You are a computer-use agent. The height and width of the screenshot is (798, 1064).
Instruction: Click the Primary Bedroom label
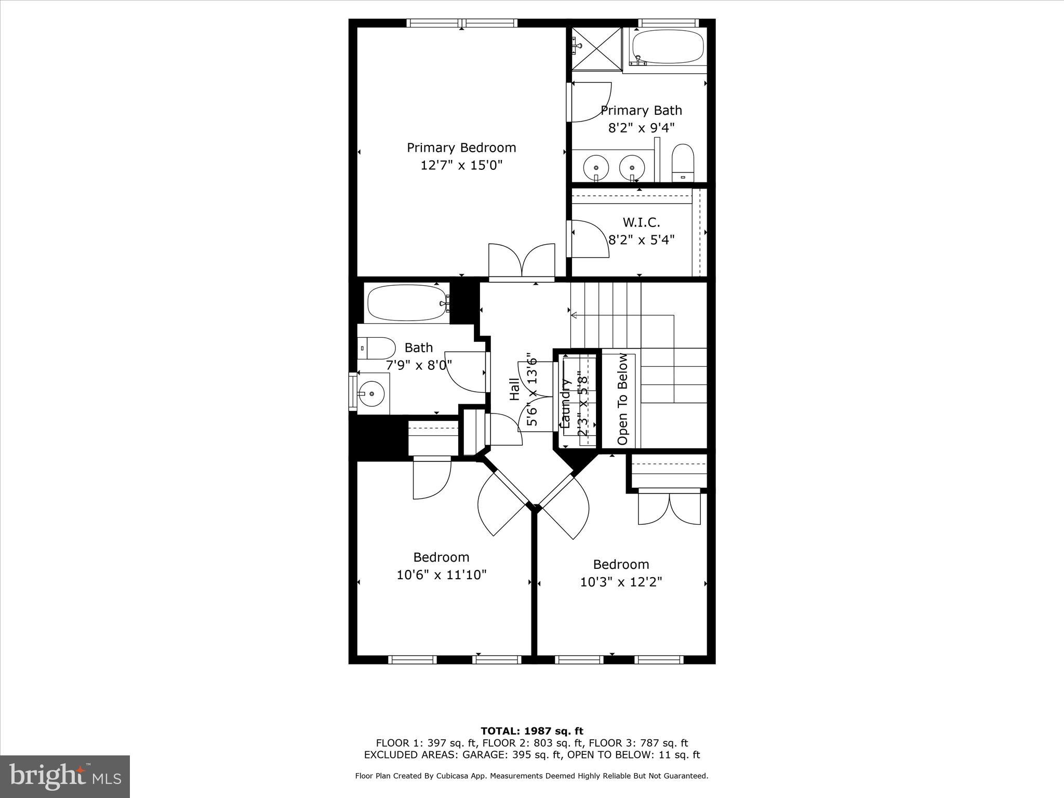461,148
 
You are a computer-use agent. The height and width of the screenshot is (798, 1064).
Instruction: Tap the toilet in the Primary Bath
683,163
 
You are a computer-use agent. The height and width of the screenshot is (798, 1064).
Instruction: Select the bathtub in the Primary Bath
668,47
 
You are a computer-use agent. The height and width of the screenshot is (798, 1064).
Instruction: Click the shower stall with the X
597,48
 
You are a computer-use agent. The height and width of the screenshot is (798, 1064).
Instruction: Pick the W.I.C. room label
641,223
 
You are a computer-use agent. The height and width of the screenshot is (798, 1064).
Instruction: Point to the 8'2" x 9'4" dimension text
641,128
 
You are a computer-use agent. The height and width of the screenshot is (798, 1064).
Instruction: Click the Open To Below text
622,399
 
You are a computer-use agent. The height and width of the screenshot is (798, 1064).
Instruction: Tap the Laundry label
566,403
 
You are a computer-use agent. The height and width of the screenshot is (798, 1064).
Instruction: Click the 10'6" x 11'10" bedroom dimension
441,575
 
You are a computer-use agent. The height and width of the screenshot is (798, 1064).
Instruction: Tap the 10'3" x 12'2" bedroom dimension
621,582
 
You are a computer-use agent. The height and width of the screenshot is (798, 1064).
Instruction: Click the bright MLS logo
65,776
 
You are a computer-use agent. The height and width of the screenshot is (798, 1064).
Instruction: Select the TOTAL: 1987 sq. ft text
531,731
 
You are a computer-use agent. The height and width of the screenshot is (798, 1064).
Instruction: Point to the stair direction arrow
574,315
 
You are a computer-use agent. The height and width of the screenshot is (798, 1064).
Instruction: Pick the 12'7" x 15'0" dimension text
461,166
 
